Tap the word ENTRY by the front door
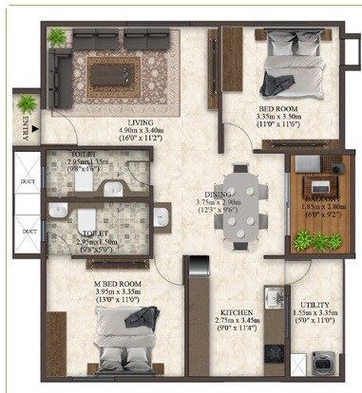[x=25, y=127]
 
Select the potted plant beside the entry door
[x=26, y=99]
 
